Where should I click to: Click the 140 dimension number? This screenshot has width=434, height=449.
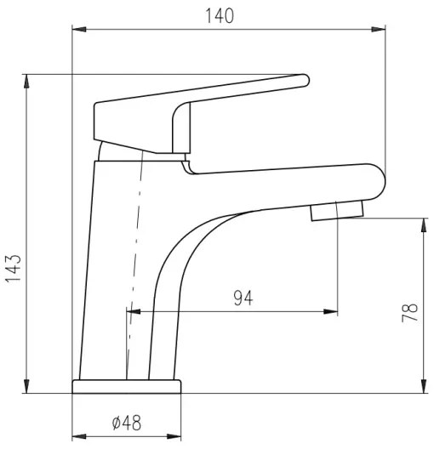220,15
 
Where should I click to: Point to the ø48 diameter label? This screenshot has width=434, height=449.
126,422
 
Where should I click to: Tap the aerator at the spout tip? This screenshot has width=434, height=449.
338,210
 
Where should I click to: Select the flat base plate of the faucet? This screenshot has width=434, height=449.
127,387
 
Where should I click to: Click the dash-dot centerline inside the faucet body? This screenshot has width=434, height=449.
133,255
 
